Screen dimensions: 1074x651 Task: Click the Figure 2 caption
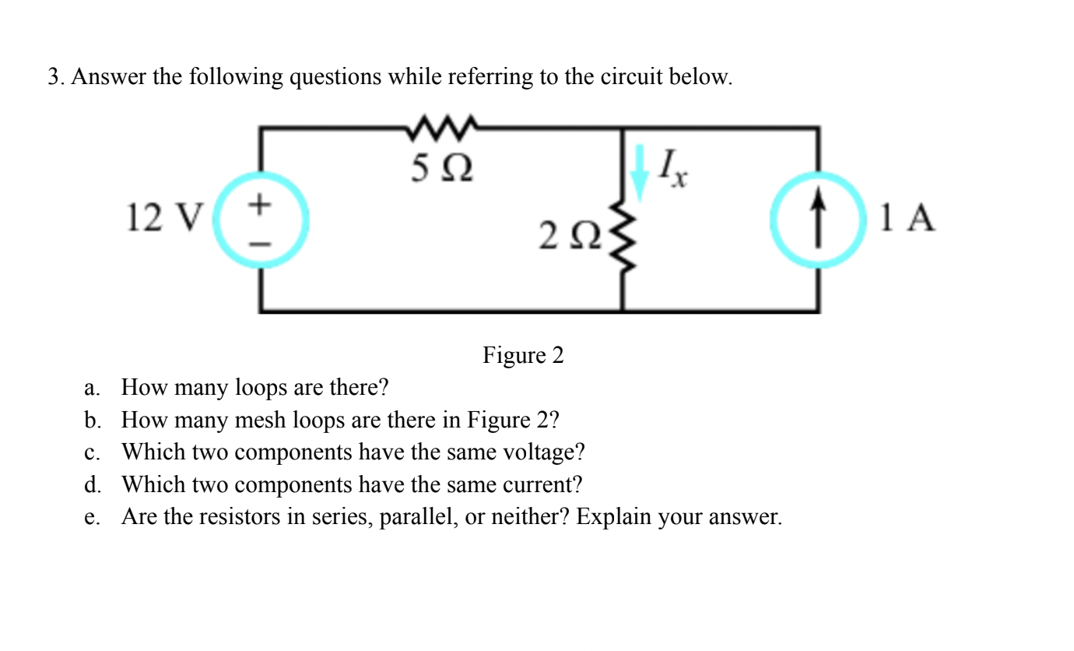point(523,356)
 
